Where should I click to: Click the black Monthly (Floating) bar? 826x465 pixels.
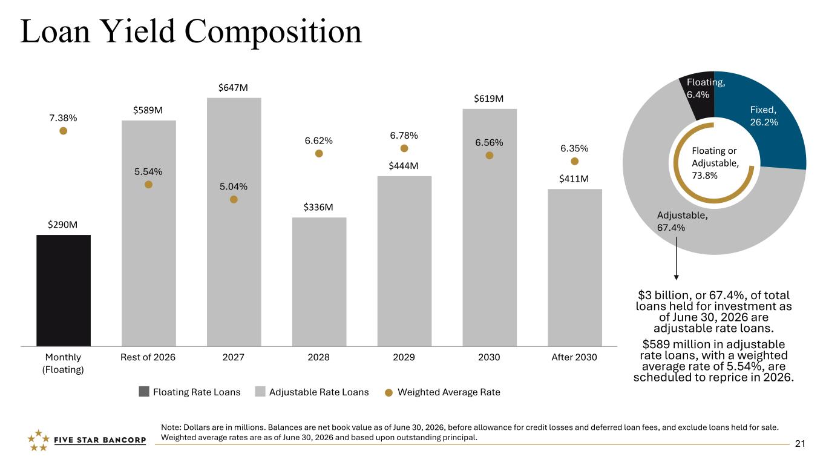pyautogui.click(x=64, y=291)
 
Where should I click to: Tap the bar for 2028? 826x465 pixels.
pyautogui.click(x=320, y=282)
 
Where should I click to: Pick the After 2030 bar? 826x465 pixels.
pyautogui.click(x=575, y=268)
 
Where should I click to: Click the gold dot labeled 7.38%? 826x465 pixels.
pyautogui.click(x=64, y=131)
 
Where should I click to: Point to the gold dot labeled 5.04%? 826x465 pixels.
pyautogui.click(x=234, y=199)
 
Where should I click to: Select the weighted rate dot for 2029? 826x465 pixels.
pyautogui.click(x=404, y=148)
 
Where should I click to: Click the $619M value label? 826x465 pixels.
pyautogui.click(x=488, y=99)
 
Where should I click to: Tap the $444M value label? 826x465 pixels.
pyautogui.click(x=404, y=166)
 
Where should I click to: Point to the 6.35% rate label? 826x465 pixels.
pyautogui.click(x=574, y=148)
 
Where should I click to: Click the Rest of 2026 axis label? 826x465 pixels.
pyautogui.click(x=148, y=357)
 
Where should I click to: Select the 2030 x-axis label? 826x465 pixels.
pyautogui.click(x=489, y=357)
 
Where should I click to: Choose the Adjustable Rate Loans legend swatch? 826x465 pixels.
pyautogui.click(x=260, y=392)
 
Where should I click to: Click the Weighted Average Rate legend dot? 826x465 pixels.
pyautogui.click(x=388, y=393)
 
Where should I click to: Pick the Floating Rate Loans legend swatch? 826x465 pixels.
pyautogui.click(x=144, y=392)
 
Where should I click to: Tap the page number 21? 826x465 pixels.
pyautogui.click(x=800, y=444)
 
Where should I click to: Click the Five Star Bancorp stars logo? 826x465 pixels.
pyautogui.click(x=38, y=440)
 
